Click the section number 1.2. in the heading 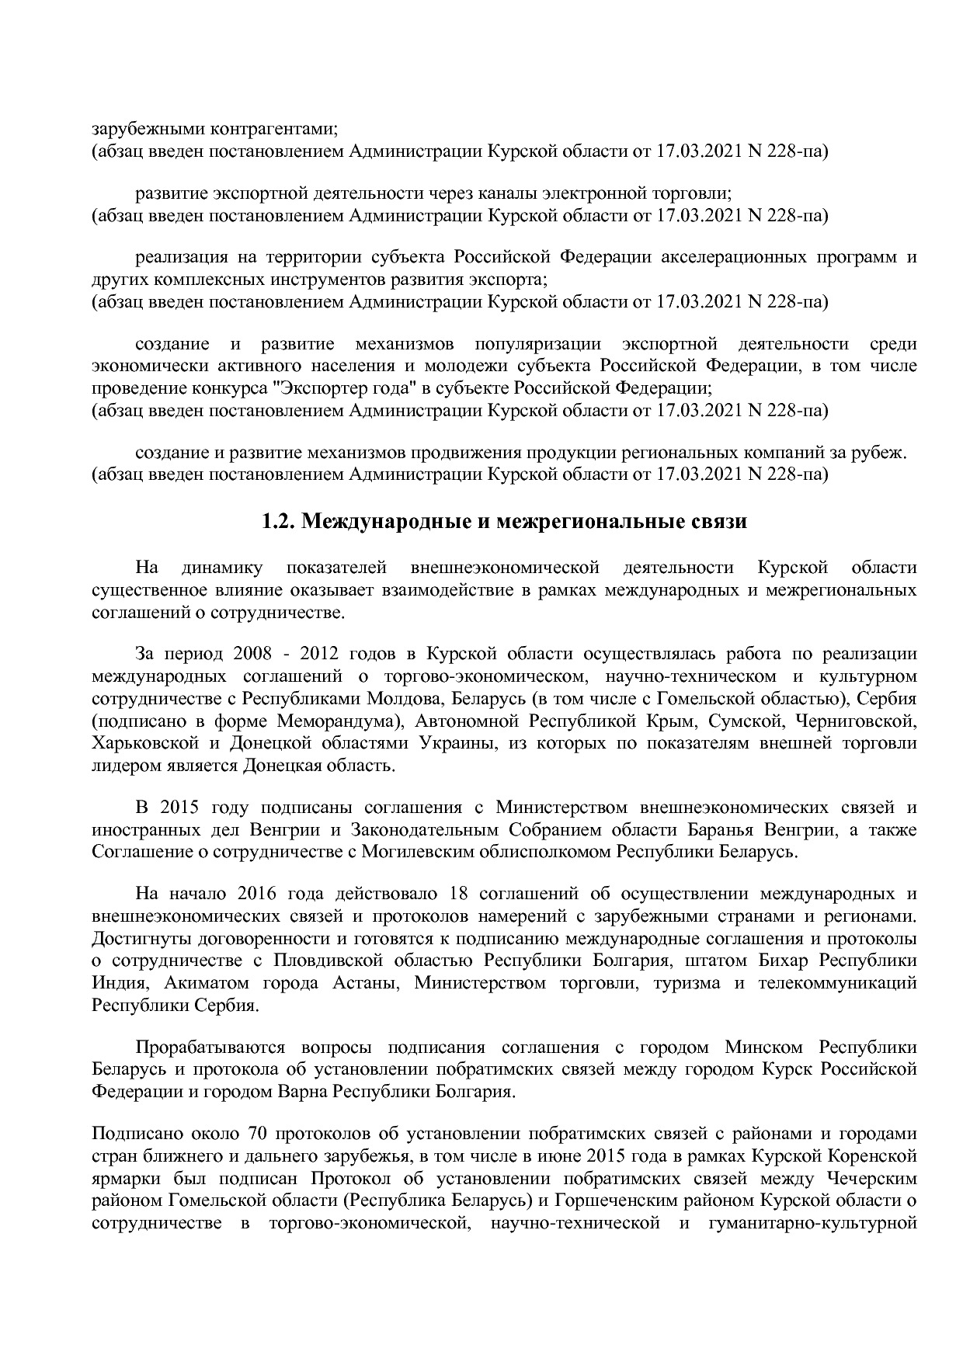(x=279, y=522)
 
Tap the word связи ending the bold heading (x=719, y=522)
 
